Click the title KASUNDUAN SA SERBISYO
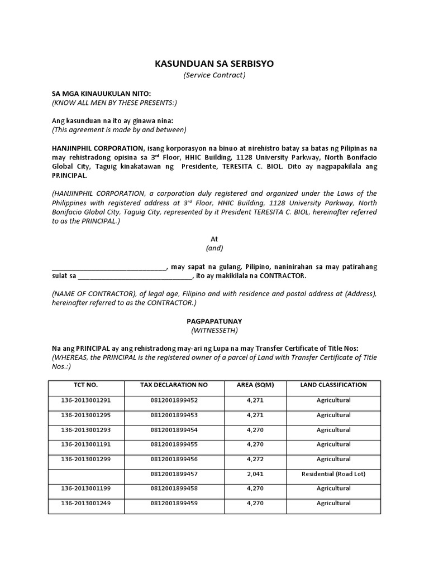tap(214, 64)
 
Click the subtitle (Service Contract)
tap(214, 75)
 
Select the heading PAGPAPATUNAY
tap(214, 322)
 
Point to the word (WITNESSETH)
tap(214, 331)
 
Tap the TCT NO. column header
tap(86, 385)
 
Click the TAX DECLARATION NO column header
tap(174, 385)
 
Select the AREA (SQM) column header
tap(254, 385)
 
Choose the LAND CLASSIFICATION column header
tap(333, 385)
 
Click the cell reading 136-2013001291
tap(86, 400)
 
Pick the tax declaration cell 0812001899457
tap(174, 474)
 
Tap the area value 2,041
tap(254, 474)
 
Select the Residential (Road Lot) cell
tap(333, 474)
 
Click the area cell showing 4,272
tap(254, 459)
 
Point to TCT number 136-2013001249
tap(86, 503)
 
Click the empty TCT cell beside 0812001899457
tap(86, 474)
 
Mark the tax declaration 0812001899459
tap(174, 503)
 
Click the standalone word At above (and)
tap(214, 239)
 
